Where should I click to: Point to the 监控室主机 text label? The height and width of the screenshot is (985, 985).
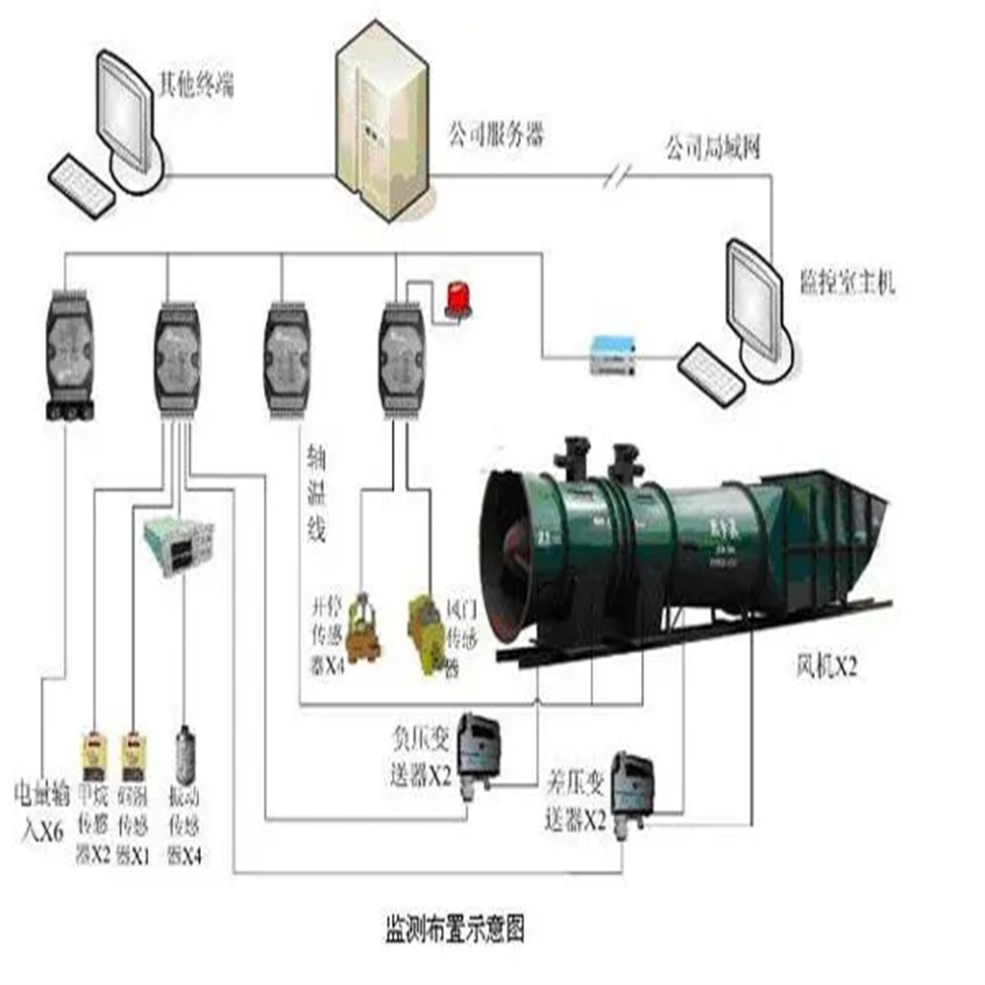tap(845, 286)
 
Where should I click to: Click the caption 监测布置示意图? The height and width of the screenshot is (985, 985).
tap(452, 927)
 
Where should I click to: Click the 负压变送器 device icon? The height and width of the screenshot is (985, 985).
tap(481, 738)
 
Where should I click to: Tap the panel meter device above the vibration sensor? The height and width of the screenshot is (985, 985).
tap(177, 541)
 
